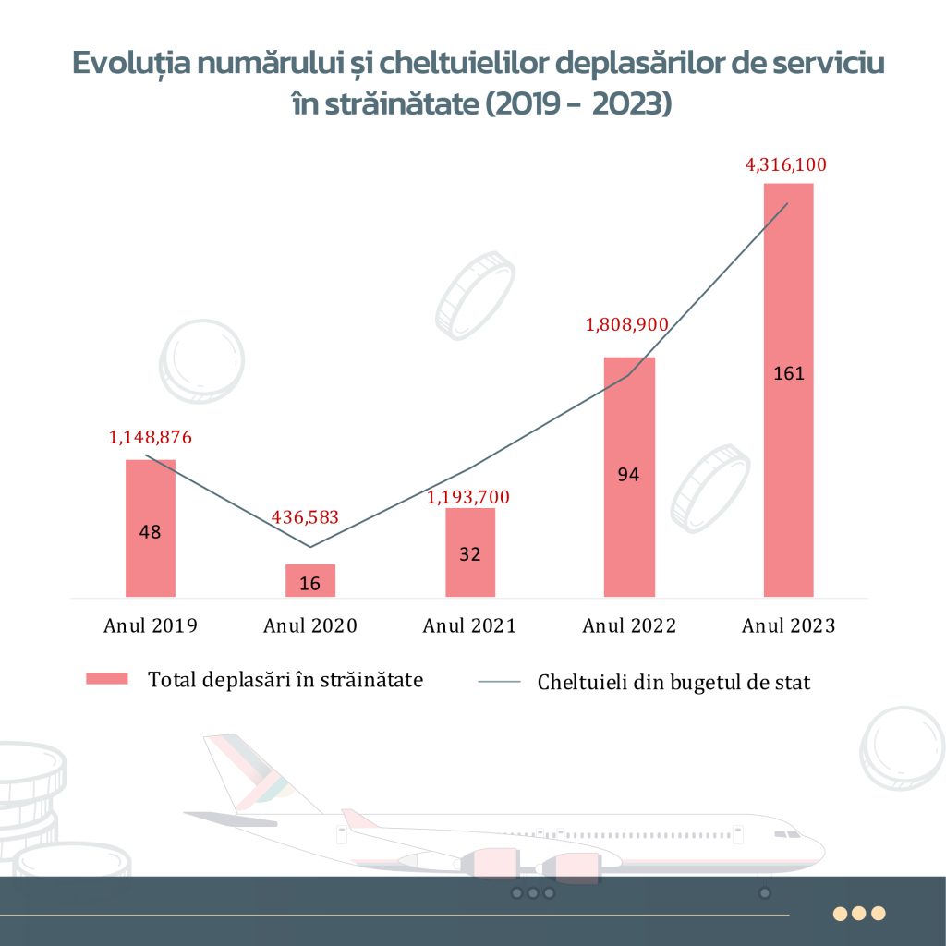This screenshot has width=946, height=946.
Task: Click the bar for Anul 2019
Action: point(151,528)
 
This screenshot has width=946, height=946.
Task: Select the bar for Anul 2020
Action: point(310,580)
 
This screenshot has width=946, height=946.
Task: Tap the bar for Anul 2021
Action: point(470,552)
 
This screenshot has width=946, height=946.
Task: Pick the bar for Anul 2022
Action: point(630,477)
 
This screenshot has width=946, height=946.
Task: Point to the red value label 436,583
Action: point(306,517)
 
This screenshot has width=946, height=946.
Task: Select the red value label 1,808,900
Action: point(628,325)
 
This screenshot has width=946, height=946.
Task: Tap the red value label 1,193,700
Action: point(467,498)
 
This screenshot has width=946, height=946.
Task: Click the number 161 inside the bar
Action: point(789,374)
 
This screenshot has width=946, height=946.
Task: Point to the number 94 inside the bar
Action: point(630,475)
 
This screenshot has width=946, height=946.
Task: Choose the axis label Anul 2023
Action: point(788,626)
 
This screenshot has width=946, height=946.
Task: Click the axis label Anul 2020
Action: point(310,626)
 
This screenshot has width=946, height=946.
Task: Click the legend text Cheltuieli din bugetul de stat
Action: point(674,684)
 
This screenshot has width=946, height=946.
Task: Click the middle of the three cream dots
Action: point(859,913)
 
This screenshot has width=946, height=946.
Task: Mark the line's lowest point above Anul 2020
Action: point(310,547)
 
